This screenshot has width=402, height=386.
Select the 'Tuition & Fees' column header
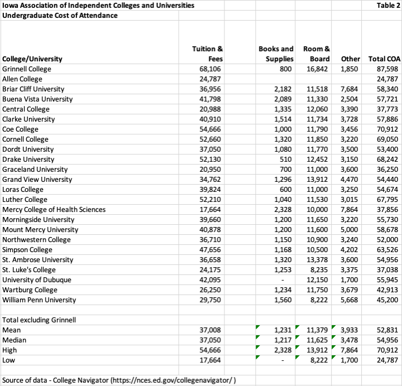[207, 54]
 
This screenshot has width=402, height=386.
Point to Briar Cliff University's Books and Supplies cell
[284, 89]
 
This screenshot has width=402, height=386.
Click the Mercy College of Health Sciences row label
[54, 210]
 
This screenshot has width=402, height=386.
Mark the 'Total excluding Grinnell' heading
[39, 320]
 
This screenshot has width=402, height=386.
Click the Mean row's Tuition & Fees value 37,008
[210, 330]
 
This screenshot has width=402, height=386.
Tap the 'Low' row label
[9, 360]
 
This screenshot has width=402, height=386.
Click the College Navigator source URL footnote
[120, 380]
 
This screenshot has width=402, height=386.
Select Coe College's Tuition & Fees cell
[210, 129]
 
